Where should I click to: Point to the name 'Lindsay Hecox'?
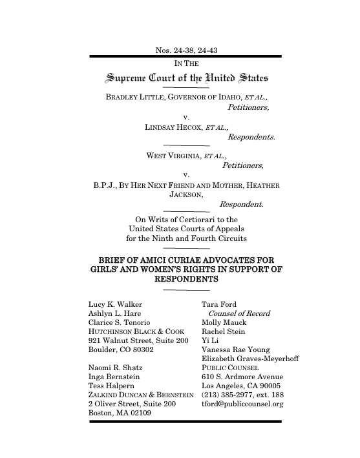(172, 127)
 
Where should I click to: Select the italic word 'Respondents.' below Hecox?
(251, 137)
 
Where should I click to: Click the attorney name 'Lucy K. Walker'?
(114, 304)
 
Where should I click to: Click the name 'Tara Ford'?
(219, 304)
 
